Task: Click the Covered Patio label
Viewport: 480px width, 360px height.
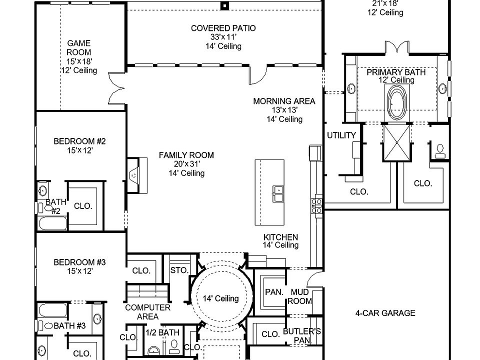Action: click(223, 28)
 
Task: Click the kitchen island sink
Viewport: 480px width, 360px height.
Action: click(278, 193)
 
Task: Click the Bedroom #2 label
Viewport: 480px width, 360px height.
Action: click(79, 141)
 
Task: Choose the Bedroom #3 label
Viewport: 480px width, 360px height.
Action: click(79, 262)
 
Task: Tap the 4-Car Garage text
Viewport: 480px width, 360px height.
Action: click(385, 313)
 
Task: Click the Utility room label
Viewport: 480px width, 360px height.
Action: click(341, 135)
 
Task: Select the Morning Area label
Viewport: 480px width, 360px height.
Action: click(284, 101)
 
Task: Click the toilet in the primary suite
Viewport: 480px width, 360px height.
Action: click(440, 150)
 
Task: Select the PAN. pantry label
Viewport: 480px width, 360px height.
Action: click(273, 291)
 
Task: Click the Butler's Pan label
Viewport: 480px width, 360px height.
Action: click(301, 336)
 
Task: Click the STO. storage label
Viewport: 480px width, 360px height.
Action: click(178, 270)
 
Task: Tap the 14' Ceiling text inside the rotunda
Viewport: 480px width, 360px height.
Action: click(220, 298)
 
